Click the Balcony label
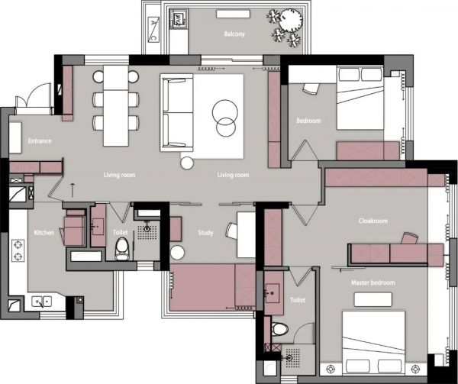(x=234, y=34)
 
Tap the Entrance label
(x=40, y=140)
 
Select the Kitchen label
(x=44, y=233)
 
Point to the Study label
(x=205, y=233)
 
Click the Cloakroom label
(x=373, y=221)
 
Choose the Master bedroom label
(x=373, y=282)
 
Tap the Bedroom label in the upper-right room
(x=308, y=121)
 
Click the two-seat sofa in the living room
(x=177, y=113)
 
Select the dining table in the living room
(x=116, y=105)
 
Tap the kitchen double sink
(x=42, y=302)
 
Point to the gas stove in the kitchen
(x=18, y=250)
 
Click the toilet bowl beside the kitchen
(x=122, y=249)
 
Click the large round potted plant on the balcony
(x=291, y=20)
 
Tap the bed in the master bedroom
(x=373, y=343)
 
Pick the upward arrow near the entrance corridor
(x=73, y=189)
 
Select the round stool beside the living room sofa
(x=187, y=163)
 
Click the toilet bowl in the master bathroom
(x=280, y=329)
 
